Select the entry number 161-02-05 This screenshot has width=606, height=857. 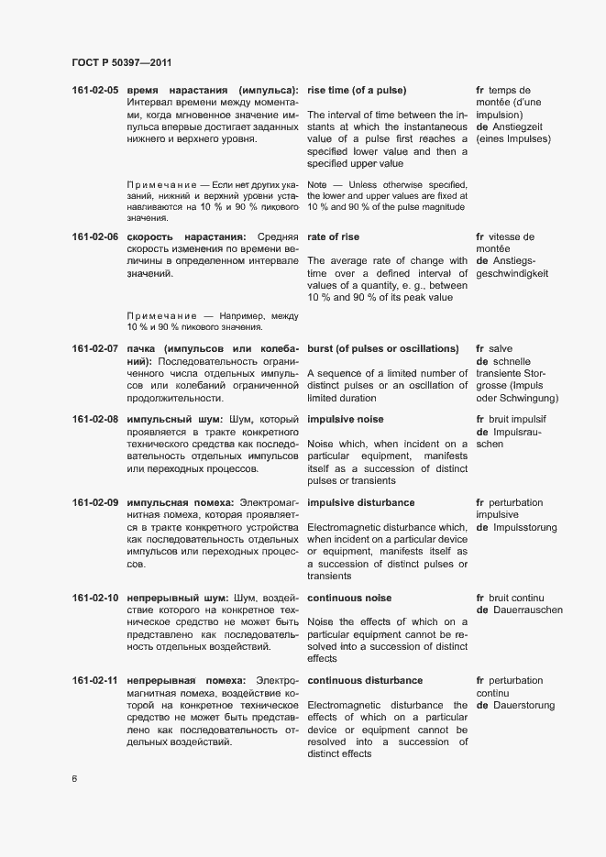[95, 90]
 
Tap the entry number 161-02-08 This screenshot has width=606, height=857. [95, 419]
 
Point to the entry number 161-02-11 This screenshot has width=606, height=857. [95, 681]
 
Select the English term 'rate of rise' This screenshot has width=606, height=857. [335, 236]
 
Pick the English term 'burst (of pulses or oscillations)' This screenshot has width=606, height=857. [382, 349]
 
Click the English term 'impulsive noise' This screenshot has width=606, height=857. [346, 419]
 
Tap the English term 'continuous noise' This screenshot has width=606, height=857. [349, 599]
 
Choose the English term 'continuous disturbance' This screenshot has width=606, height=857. [365, 681]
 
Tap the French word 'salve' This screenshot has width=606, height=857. [501, 349]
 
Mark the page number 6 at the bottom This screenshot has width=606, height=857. [74, 780]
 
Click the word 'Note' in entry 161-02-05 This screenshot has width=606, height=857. [317, 184]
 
